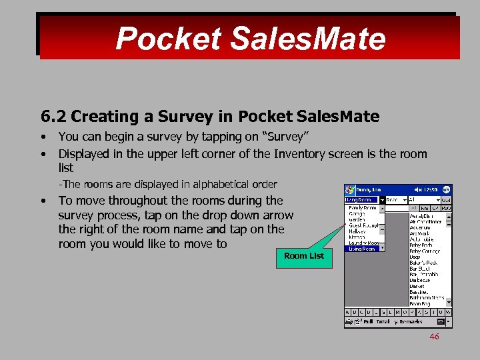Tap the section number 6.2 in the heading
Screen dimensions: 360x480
click(53, 117)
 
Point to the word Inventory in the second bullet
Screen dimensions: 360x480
click(299, 153)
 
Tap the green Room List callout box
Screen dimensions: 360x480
click(303, 255)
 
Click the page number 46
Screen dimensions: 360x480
click(434, 337)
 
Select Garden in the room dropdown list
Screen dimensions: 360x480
click(357, 219)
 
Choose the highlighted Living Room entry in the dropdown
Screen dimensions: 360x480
click(363, 249)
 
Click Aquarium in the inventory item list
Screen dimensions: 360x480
click(421, 227)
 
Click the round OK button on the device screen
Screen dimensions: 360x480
click(447, 190)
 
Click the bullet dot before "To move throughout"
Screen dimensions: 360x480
click(43, 201)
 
